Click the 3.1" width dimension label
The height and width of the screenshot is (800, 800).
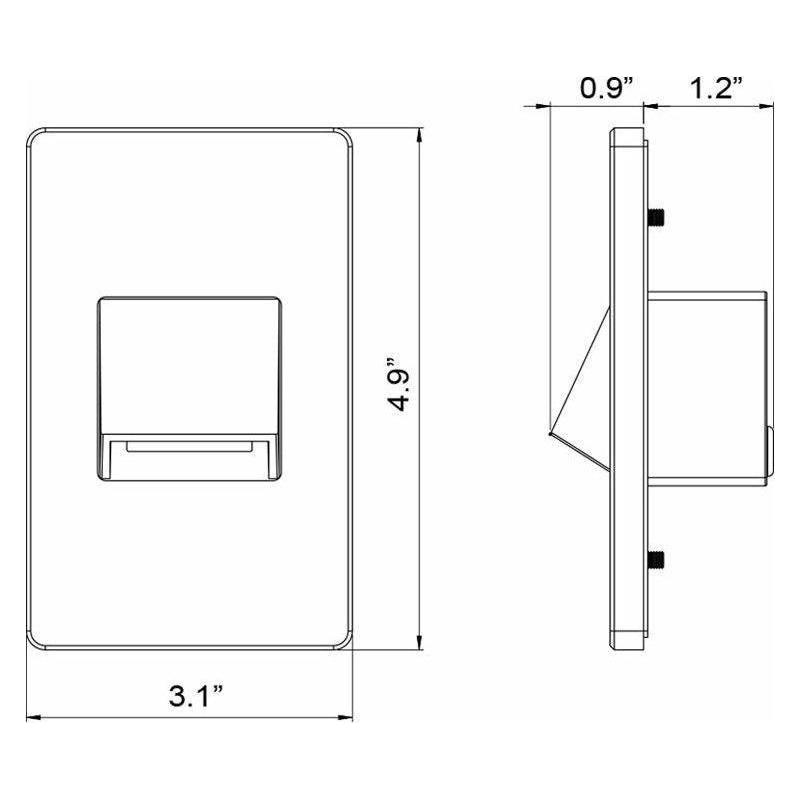[x=196, y=696]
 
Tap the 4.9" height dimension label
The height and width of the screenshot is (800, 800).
[x=398, y=385]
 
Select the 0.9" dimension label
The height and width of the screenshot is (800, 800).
[x=607, y=88]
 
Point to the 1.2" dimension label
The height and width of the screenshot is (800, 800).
[x=716, y=88]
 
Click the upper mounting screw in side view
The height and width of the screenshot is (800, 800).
[x=656, y=218]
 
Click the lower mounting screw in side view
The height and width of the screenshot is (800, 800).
[x=656, y=559]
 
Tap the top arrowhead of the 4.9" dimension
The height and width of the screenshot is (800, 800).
[x=419, y=135]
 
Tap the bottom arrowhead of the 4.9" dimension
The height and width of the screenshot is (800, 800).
[x=419, y=643]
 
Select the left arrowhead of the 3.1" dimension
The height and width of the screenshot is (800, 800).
[x=34, y=717]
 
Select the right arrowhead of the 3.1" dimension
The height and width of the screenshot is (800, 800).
[x=345, y=717]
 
